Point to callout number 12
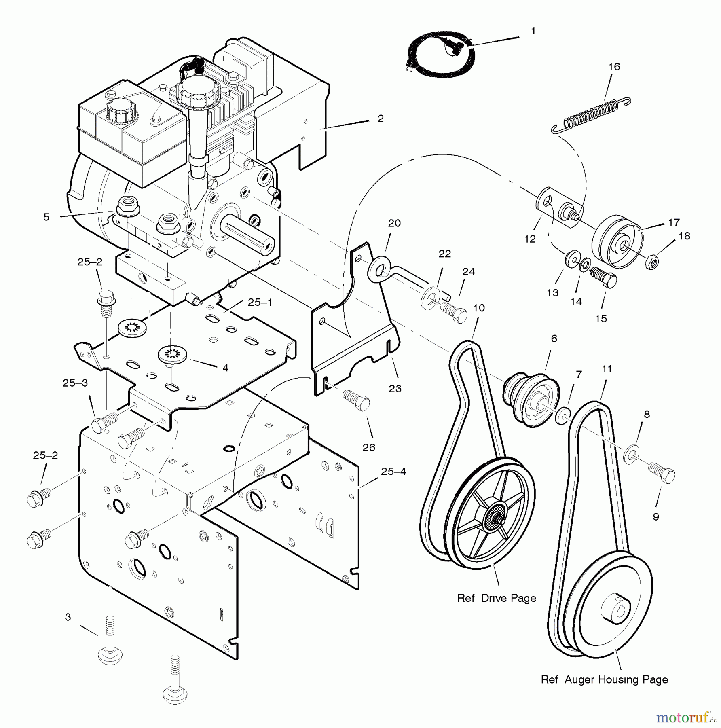(x=530, y=239)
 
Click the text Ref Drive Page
(x=496, y=598)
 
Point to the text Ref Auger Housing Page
(x=604, y=679)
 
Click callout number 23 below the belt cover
(x=395, y=388)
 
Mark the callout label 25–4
(x=393, y=472)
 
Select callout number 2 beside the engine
(x=380, y=119)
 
